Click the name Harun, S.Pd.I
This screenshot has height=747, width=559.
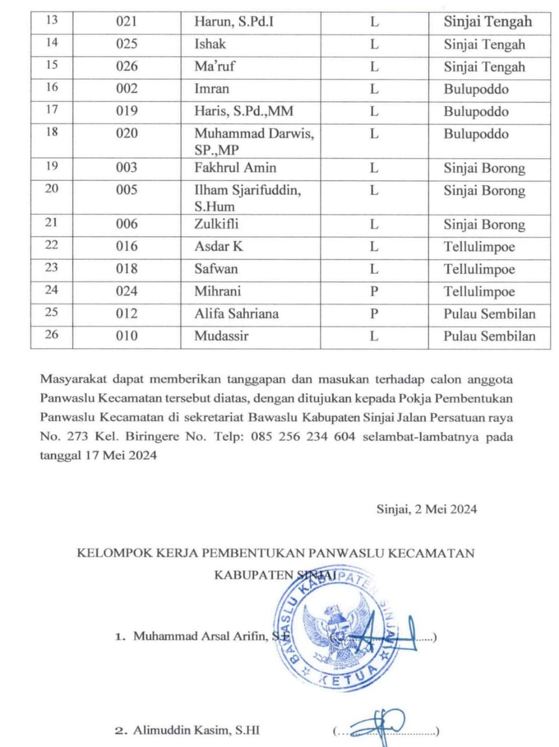click(x=234, y=22)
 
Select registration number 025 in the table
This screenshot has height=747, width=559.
click(x=126, y=44)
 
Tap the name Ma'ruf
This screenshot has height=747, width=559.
click(x=215, y=67)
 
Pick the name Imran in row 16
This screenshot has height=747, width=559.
click(x=212, y=89)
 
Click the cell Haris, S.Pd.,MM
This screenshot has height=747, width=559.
click(x=244, y=111)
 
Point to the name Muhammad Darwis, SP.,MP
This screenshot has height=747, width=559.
click(x=254, y=141)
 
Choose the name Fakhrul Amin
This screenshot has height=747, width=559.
click(x=235, y=168)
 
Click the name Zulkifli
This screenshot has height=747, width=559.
click(x=216, y=224)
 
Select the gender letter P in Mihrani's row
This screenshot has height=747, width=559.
click(x=374, y=291)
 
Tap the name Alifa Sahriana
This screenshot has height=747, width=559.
click(x=237, y=314)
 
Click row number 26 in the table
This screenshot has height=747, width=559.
click(x=52, y=335)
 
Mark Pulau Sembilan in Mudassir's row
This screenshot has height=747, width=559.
click(x=489, y=336)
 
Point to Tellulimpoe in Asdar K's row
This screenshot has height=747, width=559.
click(x=479, y=247)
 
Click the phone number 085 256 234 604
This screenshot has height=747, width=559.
click(x=303, y=437)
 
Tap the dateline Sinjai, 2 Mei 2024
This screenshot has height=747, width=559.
click(x=426, y=509)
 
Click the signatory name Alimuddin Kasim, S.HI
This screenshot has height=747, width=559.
click(x=196, y=730)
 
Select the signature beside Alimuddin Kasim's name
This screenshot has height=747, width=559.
click(x=381, y=725)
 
